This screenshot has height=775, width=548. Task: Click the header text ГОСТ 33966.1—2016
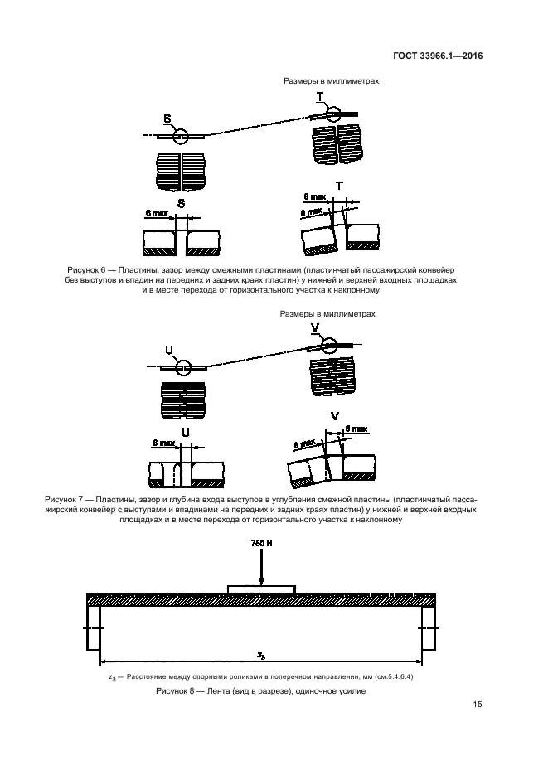(x=438, y=57)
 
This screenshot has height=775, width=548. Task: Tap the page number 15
(x=477, y=705)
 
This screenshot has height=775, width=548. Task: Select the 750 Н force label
(x=261, y=544)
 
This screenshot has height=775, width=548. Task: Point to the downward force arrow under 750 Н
(x=261, y=568)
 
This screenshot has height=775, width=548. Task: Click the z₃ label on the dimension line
(x=260, y=655)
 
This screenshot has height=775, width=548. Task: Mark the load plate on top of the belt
(x=260, y=589)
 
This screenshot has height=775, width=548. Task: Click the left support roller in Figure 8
(x=93, y=627)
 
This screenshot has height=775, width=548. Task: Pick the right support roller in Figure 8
(x=429, y=627)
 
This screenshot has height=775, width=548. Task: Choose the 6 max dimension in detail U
(x=158, y=443)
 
